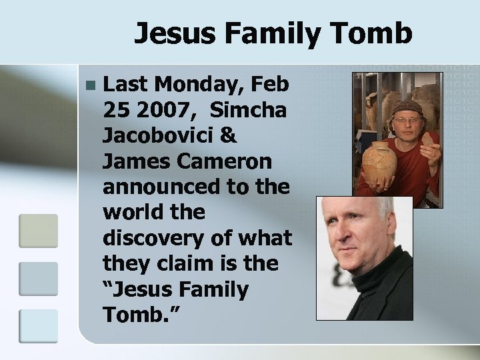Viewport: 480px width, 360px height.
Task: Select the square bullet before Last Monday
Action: click(91, 85)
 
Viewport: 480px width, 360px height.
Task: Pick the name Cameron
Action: click(231, 161)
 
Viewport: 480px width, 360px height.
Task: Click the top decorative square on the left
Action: click(38, 230)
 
